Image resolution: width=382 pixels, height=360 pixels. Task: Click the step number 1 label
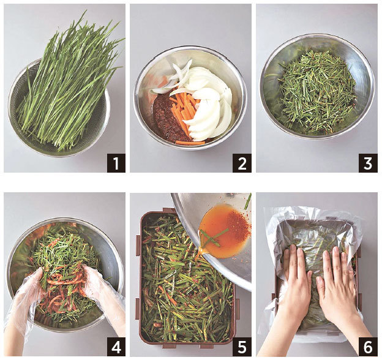(x=116, y=163)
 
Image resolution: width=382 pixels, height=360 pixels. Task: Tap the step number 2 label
(x=242, y=163)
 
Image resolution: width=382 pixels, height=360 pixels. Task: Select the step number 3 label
(x=368, y=163)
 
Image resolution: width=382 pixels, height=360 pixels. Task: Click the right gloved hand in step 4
(x=102, y=290)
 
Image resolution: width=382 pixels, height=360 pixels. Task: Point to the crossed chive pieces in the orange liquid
(x=214, y=236)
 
